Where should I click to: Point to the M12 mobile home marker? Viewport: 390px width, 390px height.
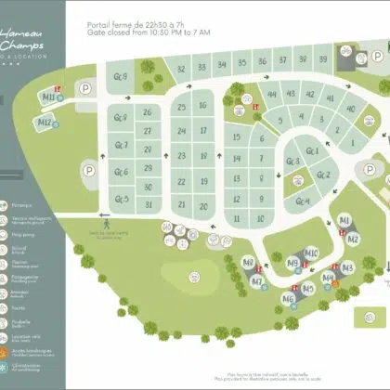coord(44,122)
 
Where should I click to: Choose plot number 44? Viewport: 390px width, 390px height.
coord(271,95)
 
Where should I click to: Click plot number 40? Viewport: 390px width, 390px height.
coord(350,109)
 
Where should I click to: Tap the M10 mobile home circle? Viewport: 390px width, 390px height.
coord(311,253)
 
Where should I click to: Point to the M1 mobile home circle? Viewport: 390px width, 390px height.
coord(345,220)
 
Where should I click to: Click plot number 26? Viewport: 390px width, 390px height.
coord(148,112)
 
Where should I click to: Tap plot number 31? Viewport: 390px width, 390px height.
coord(148,204)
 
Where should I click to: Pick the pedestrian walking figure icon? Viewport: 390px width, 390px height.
coord(109,223)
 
